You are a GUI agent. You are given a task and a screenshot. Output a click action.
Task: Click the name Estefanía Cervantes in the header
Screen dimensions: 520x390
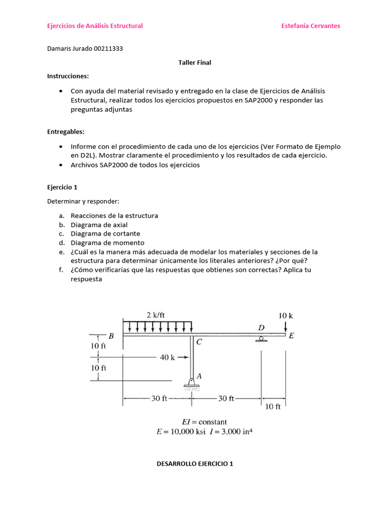[311, 26]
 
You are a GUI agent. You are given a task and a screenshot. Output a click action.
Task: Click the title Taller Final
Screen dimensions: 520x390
[194, 63]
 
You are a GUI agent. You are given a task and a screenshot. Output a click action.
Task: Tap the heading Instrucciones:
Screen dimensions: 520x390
[68, 76]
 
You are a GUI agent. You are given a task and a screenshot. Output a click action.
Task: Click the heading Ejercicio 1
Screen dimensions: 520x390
[62, 187]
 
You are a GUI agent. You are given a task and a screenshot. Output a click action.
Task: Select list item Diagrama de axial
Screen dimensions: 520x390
[99, 225]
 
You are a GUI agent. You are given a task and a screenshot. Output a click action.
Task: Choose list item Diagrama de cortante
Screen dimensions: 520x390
[105, 234]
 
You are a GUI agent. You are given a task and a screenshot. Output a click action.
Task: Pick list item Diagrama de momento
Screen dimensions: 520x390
[107, 243]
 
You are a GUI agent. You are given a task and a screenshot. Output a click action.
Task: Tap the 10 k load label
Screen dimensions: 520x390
[285, 315]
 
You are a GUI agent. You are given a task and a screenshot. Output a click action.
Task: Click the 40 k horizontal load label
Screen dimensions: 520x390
[167, 357]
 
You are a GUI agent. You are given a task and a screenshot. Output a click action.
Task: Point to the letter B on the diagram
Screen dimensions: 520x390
[111, 336]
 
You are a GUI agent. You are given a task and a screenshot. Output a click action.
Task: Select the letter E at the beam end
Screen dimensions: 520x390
[291, 336]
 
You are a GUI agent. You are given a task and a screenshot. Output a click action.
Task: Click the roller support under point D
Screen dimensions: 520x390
[261, 339]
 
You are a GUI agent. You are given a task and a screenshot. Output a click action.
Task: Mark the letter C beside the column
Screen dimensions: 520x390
[199, 342]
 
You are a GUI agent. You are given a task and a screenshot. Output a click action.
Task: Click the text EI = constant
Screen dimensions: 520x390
[205, 422]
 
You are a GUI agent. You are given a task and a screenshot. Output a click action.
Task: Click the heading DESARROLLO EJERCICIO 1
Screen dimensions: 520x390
[194, 464]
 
